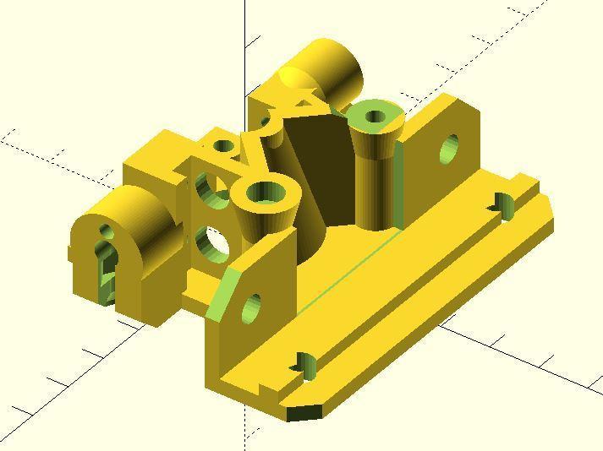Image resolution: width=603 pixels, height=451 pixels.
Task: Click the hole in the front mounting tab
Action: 252,309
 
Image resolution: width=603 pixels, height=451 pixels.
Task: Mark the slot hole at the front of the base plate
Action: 305,365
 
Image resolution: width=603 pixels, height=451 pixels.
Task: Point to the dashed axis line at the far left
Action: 34,149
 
